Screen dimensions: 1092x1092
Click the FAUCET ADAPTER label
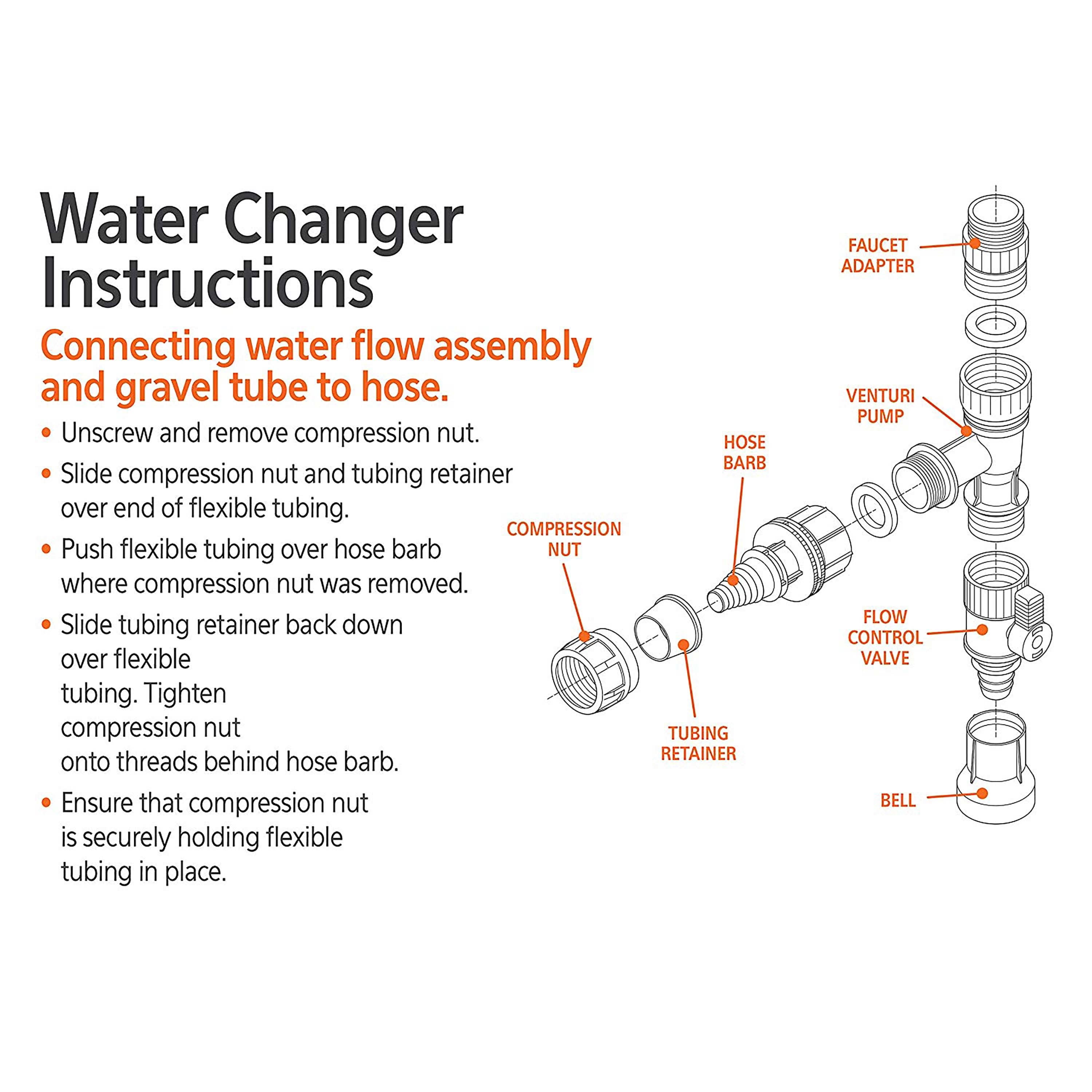point(877,256)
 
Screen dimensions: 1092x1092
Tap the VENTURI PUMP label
point(880,406)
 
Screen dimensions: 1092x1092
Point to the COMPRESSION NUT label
point(563,539)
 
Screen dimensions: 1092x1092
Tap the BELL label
point(898,800)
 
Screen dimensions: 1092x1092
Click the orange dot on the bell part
point(982,794)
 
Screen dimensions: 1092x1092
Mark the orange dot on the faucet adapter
point(974,244)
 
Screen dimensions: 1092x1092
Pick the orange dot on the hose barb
point(732,579)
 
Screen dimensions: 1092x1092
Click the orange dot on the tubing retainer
point(683,644)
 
